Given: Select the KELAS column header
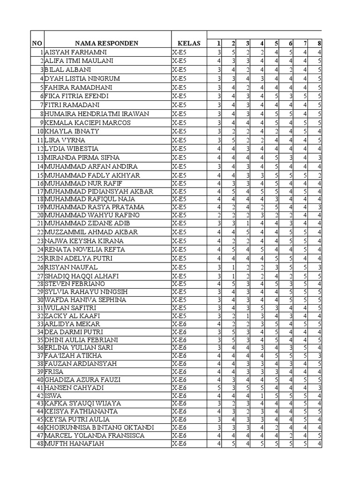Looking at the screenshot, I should (x=186, y=44).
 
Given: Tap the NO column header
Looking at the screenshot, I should (x=37, y=44).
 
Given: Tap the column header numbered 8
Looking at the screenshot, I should (x=319, y=44).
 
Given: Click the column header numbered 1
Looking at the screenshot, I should (x=218, y=44).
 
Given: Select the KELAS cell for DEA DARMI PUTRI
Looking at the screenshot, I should (x=179, y=332).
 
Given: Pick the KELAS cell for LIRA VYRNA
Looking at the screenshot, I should (x=179, y=140).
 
